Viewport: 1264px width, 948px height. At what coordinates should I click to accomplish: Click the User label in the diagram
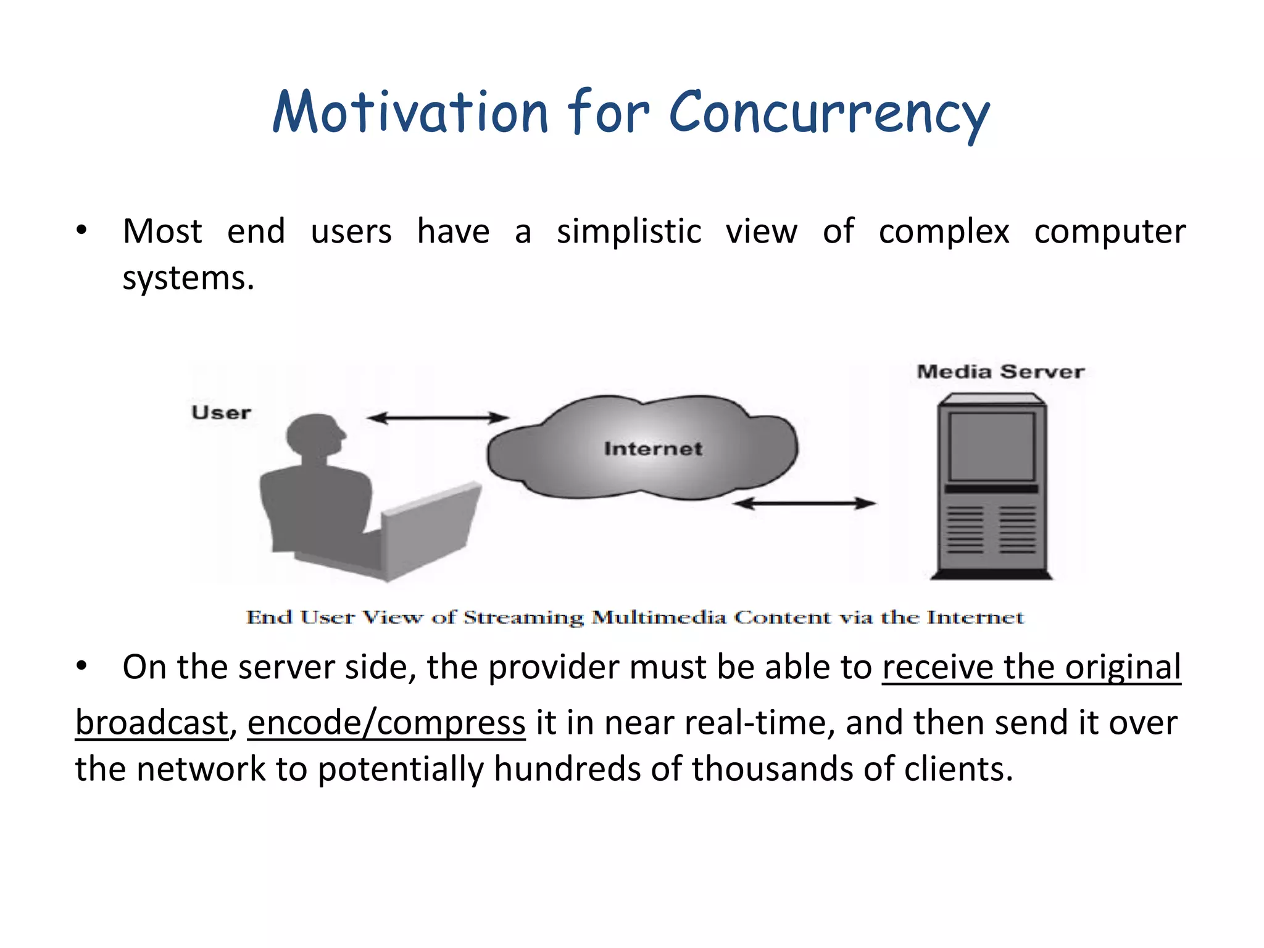[x=221, y=412]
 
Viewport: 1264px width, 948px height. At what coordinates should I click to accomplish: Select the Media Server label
[x=1000, y=372]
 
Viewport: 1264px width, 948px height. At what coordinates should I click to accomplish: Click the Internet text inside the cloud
[x=653, y=449]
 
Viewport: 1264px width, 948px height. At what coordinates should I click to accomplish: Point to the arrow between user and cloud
[x=438, y=418]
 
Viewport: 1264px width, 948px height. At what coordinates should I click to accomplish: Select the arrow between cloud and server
[x=804, y=504]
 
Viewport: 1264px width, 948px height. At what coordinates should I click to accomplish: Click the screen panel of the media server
[x=991, y=446]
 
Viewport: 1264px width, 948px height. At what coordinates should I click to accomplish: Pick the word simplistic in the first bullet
[x=628, y=232]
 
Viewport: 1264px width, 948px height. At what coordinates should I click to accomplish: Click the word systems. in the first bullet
[x=188, y=278]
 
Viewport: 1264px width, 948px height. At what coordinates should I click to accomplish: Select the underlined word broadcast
[x=152, y=723]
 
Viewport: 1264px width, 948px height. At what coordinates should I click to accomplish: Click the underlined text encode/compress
[x=386, y=723]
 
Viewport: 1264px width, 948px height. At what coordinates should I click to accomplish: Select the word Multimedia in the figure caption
[x=659, y=617]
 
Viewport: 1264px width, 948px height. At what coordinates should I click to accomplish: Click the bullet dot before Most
[x=81, y=231]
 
